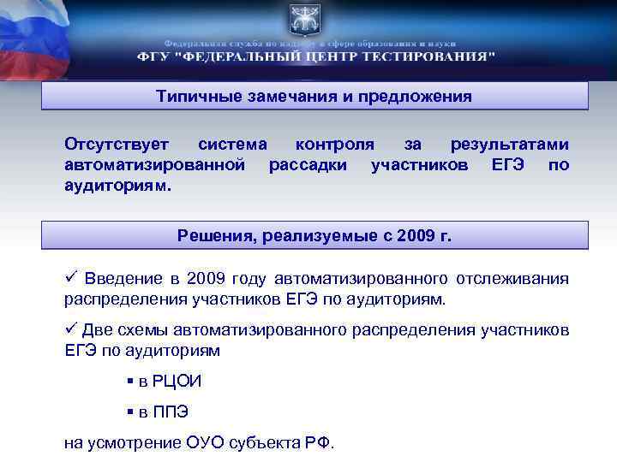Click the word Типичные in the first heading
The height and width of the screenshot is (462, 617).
(192, 97)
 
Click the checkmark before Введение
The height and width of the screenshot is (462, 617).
(72, 279)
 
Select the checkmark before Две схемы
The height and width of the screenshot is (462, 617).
(72, 329)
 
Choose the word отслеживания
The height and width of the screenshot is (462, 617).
(518, 280)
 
